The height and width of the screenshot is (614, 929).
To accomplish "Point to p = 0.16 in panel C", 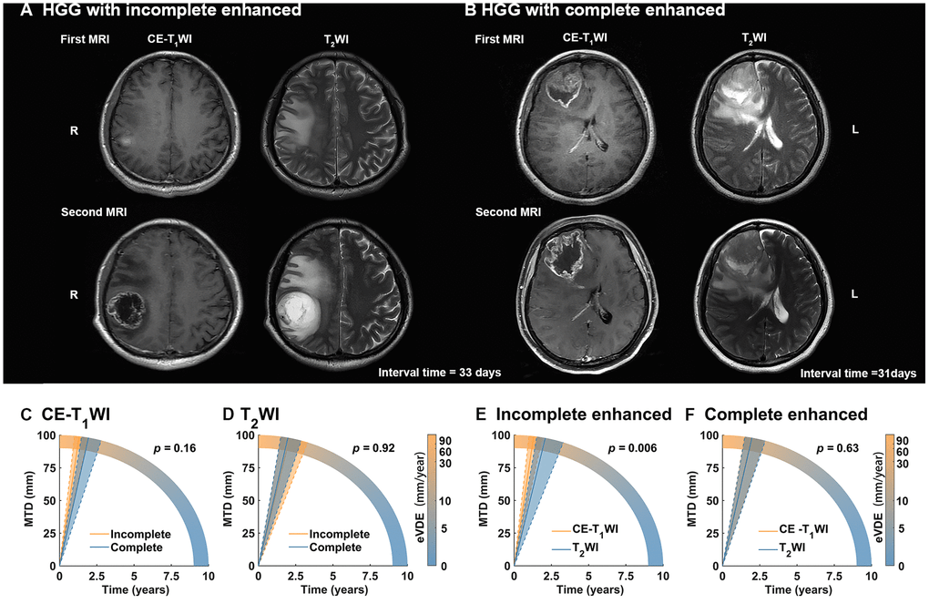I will [176, 447].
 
